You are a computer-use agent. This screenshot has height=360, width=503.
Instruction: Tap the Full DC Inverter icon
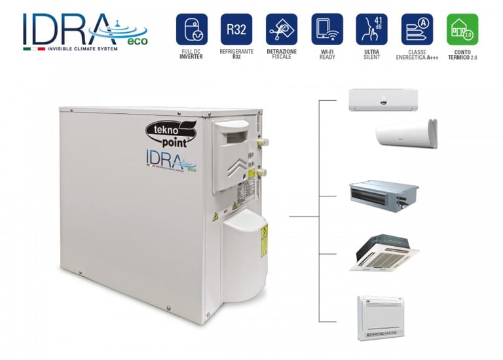coord(192,29)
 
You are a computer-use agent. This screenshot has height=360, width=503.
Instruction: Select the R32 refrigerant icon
coord(236,29)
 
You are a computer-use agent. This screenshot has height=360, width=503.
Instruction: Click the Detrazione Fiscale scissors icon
coord(282,29)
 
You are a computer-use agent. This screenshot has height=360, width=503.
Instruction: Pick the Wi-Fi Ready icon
coord(327,29)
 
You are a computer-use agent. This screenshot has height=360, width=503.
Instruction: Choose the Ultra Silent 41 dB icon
coord(371,29)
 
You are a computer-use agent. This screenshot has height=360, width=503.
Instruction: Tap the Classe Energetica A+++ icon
coord(417,29)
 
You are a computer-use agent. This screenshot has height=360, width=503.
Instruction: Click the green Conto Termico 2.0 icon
coord(462,29)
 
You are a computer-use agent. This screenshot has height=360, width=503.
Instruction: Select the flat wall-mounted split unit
coord(382,99)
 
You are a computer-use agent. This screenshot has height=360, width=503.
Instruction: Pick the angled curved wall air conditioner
coord(406,134)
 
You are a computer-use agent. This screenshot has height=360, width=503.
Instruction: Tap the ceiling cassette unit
coord(384,253)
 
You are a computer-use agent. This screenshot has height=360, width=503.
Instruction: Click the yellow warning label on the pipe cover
coord(264,240)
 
